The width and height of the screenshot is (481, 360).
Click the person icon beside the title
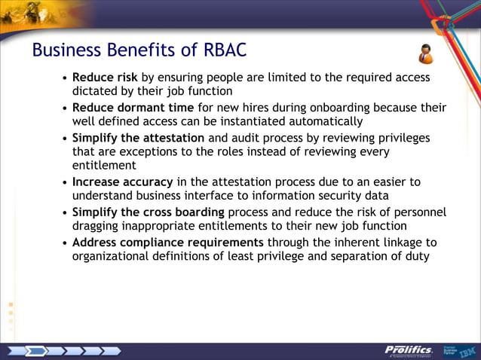tap(426, 53)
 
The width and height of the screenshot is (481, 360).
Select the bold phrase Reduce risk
tap(105, 78)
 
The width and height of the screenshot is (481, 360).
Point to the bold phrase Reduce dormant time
tap(133, 108)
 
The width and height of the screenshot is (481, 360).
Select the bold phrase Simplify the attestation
tap(138, 138)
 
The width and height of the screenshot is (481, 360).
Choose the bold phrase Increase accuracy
tap(123, 182)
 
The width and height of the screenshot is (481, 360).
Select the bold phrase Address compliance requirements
tap(167, 242)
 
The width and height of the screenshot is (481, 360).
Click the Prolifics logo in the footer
tap(407, 350)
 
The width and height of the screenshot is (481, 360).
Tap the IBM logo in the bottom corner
tap(467, 351)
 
